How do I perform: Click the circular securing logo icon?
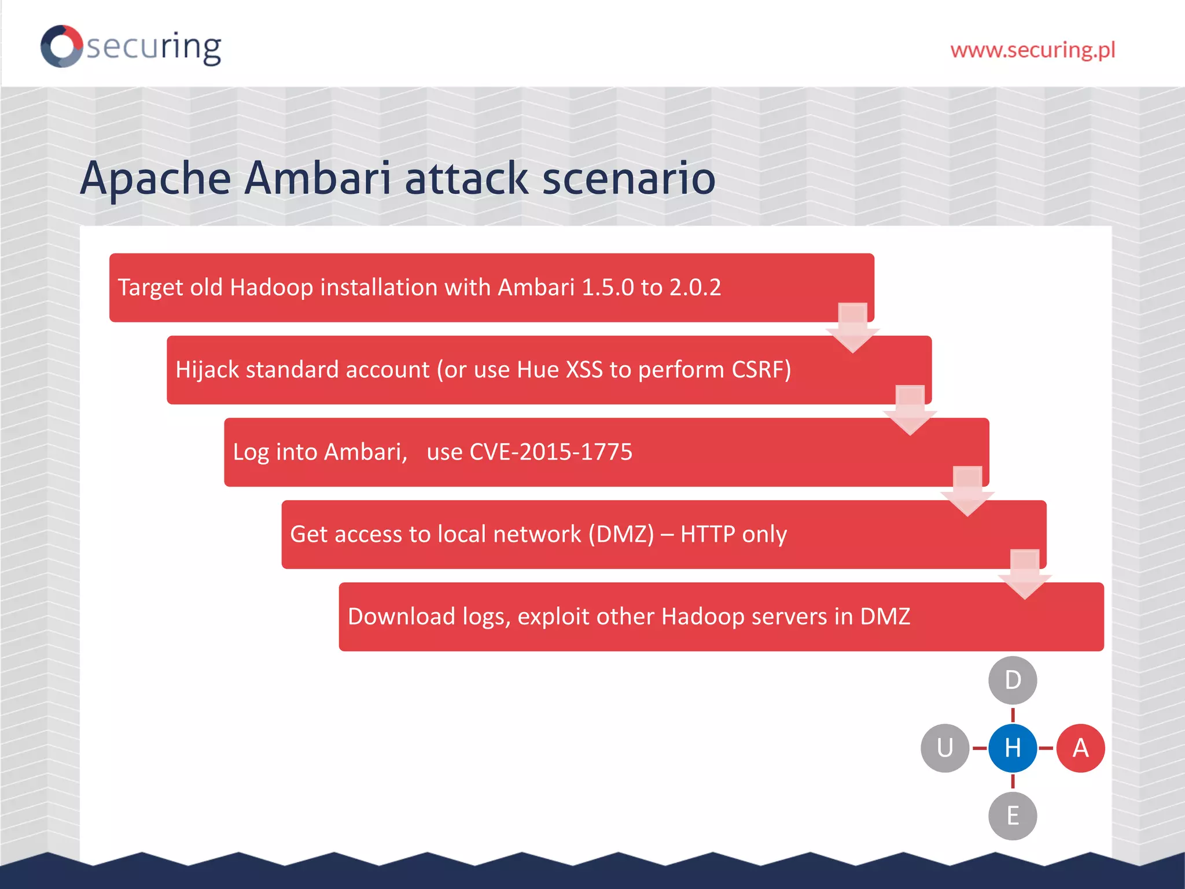click(62, 46)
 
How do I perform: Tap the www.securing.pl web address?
click(1032, 50)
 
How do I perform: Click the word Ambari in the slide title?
click(318, 178)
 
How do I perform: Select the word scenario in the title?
click(629, 178)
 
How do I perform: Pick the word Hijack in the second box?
click(207, 370)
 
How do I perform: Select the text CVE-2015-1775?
click(551, 452)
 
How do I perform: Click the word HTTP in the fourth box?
click(708, 534)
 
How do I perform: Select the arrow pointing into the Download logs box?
click(1025, 575)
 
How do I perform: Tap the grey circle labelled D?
click(1013, 681)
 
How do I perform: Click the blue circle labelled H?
click(1013, 748)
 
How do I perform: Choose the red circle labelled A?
click(1080, 748)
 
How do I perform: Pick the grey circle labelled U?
click(945, 748)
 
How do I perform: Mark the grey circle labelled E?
click(1013, 816)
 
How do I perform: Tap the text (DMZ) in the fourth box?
click(621, 534)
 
